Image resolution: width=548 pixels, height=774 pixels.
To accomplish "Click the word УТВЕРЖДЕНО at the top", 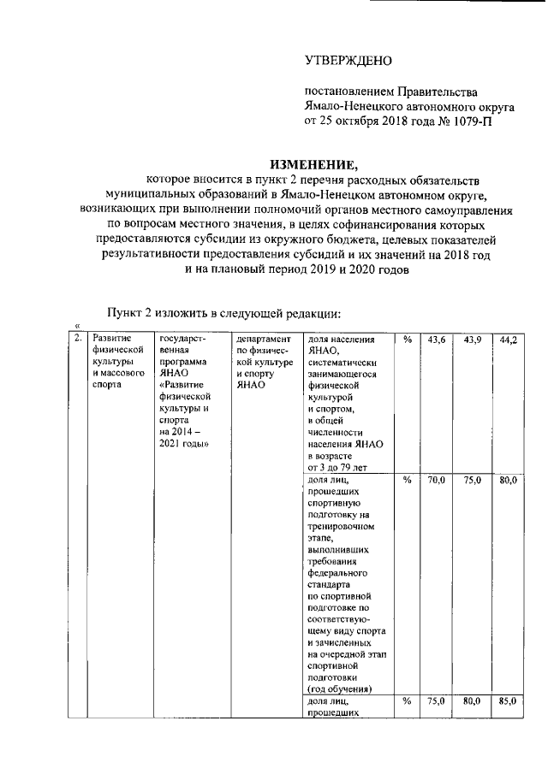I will tap(348, 61).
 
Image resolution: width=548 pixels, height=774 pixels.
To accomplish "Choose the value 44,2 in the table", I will tap(509, 340).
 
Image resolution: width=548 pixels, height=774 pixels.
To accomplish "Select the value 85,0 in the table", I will tap(509, 701).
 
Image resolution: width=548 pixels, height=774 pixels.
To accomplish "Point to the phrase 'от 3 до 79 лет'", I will tap(337, 468).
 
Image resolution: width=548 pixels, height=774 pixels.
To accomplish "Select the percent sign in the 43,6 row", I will tap(407, 340).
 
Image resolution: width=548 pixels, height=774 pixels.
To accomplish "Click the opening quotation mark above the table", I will tap(77, 325).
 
